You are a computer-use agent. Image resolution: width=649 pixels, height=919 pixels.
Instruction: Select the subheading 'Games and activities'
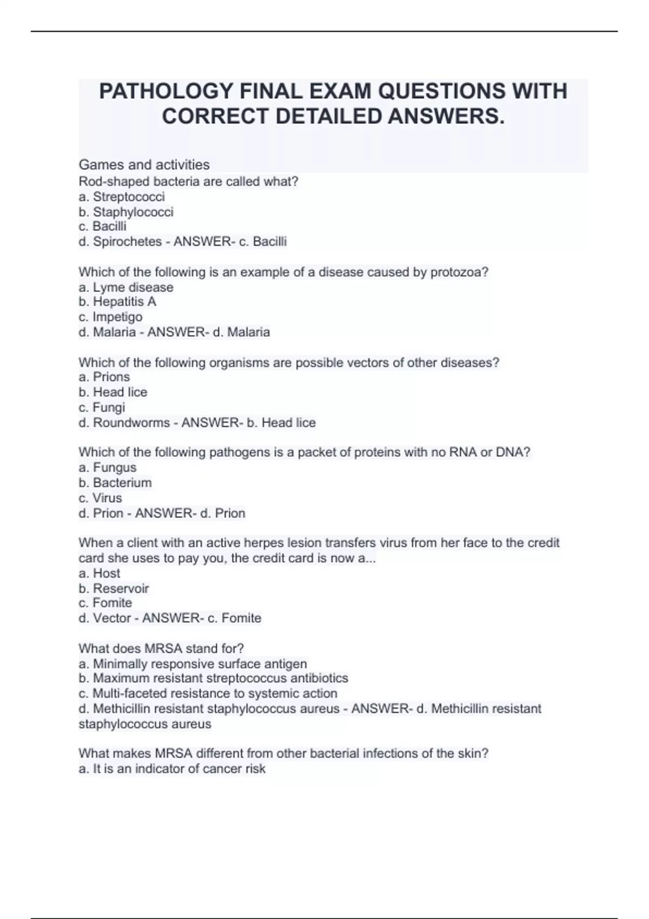144,164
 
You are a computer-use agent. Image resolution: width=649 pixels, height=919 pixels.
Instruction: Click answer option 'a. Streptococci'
122,197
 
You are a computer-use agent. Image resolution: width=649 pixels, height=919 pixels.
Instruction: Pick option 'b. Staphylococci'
126,212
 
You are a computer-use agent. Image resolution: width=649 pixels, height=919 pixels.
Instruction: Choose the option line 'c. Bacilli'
103,227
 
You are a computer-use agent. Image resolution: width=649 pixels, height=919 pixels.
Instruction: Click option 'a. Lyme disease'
126,288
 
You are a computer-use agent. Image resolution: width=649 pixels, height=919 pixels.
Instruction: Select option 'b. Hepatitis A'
117,302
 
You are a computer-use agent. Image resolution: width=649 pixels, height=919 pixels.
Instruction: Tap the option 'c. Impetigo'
110,317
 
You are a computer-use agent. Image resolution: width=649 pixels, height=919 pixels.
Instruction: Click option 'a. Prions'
104,377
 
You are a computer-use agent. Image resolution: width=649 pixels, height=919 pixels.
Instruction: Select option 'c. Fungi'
102,407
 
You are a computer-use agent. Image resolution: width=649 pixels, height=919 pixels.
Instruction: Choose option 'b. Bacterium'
115,483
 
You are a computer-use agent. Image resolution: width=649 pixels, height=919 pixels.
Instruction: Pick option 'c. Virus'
101,498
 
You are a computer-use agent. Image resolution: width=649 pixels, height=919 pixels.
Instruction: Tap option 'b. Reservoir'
114,588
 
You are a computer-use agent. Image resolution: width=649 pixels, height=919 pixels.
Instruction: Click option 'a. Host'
100,573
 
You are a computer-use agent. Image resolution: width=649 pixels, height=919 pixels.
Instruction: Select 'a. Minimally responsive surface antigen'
193,664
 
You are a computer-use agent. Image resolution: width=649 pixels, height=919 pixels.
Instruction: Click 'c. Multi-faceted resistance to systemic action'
208,694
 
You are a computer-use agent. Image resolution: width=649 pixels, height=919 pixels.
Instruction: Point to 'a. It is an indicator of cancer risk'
172,769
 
